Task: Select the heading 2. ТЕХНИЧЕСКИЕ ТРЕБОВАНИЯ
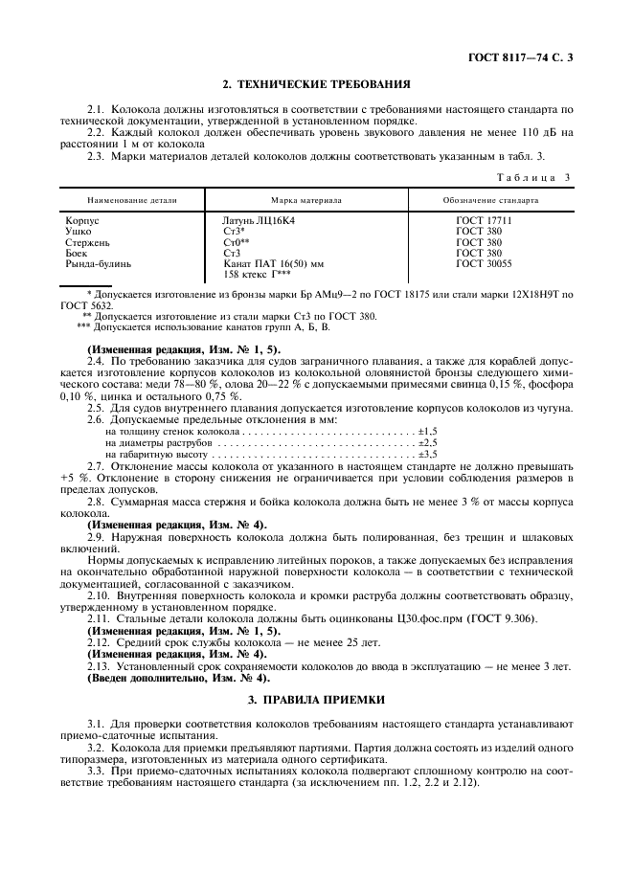pos(316,84)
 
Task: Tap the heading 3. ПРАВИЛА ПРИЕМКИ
pos(316,701)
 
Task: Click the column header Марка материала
pos(306,201)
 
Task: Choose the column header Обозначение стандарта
pos(489,201)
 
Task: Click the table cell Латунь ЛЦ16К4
pos(260,221)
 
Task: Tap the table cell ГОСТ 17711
pos(484,221)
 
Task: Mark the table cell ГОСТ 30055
pos(484,263)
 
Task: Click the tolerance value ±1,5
pos(427,432)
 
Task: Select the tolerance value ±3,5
pos(427,454)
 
